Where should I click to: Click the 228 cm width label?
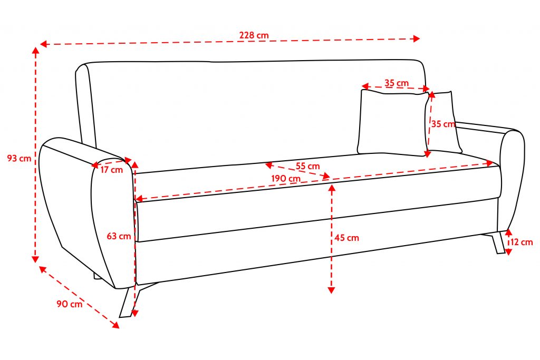pos(254,35)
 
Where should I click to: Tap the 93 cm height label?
pos(19,158)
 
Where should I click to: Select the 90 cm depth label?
pos(69,304)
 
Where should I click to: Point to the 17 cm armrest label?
pos(111,170)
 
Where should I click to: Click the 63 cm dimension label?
pos(119,236)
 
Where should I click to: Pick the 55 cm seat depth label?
pos(307,166)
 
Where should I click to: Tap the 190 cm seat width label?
pos(286,178)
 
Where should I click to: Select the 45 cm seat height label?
pos(346,238)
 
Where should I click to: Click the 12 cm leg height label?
pos(522,242)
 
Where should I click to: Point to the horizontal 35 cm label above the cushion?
pos(397,83)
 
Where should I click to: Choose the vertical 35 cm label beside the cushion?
pos(443,124)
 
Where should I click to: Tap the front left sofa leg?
pos(127,303)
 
